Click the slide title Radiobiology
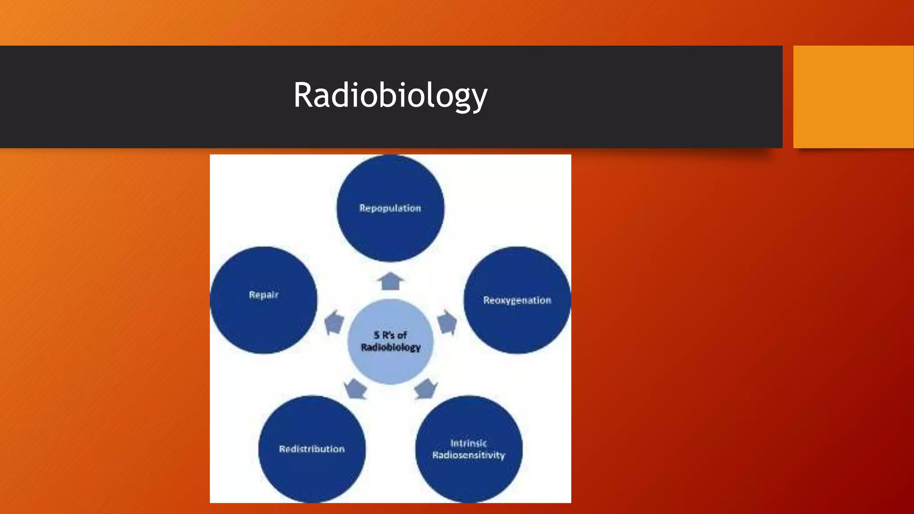[390, 95]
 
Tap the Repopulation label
[390, 208]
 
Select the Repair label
[263, 295]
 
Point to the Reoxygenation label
[517, 300]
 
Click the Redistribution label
[312, 449]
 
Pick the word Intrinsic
[468, 443]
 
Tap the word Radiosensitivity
[468, 455]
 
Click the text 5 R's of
[390, 335]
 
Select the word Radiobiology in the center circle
[391, 347]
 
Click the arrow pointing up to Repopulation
[391, 281]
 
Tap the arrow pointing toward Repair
[334, 322]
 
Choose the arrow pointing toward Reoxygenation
[447, 322]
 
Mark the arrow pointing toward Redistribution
[356, 388]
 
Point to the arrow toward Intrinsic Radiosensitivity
[425, 388]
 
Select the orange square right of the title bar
[853, 97]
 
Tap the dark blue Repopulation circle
[390, 232]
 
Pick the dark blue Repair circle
[263, 321]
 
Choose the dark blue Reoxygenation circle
[517, 326]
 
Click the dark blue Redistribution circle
[312, 473]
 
